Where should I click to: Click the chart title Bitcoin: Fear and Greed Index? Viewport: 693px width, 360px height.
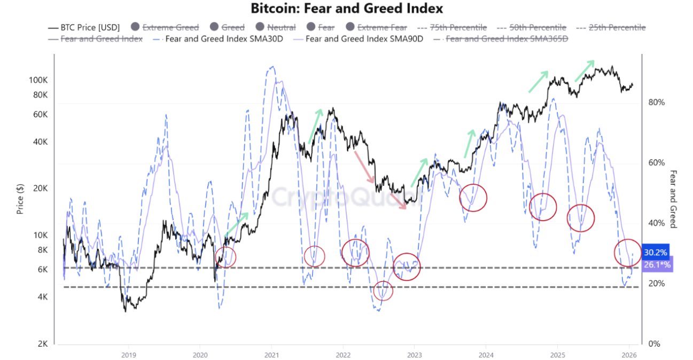347,9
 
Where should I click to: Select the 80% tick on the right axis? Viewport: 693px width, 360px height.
657,103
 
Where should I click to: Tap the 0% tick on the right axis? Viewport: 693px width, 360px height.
655,344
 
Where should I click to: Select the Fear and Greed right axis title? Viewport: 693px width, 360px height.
673,199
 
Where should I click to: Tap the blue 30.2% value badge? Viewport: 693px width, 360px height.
656,253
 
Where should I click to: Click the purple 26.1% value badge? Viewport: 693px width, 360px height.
657,265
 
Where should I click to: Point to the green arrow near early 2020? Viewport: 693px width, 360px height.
237,224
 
